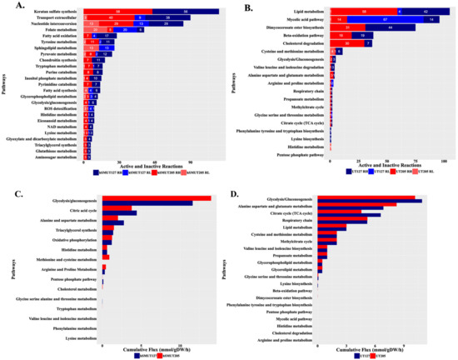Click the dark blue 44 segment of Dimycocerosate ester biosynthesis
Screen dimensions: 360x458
pyautogui.click(x=388, y=27)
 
